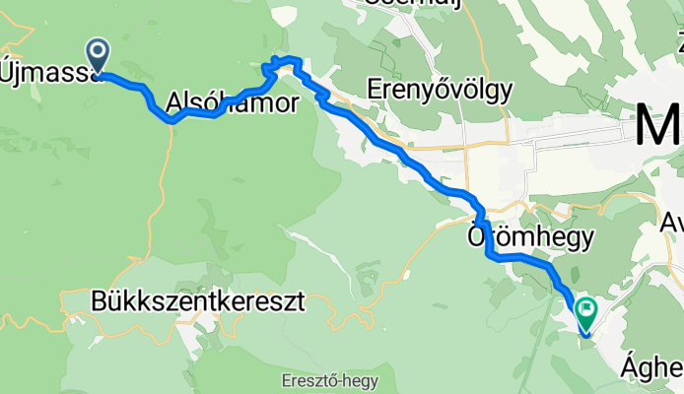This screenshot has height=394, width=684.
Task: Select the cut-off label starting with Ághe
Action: (652, 368)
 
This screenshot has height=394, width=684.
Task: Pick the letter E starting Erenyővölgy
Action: (373, 91)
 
